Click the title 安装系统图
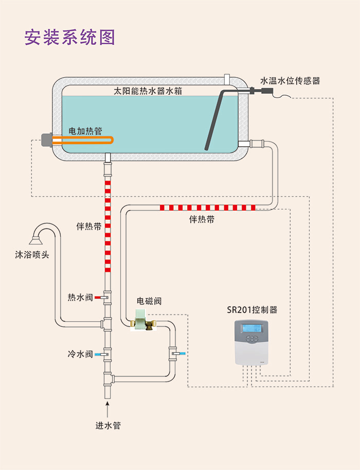tap(69, 37)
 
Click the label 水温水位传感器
tap(290, 81)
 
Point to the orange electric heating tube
tap(87, 140)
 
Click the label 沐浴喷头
tap(32, 254)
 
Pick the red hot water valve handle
tap(98, 298)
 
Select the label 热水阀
tap(80, 298)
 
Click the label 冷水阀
tap(80, 354)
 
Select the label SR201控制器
tap(252, 310)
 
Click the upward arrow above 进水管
tap(107, 410)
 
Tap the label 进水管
tap(108, 425)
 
